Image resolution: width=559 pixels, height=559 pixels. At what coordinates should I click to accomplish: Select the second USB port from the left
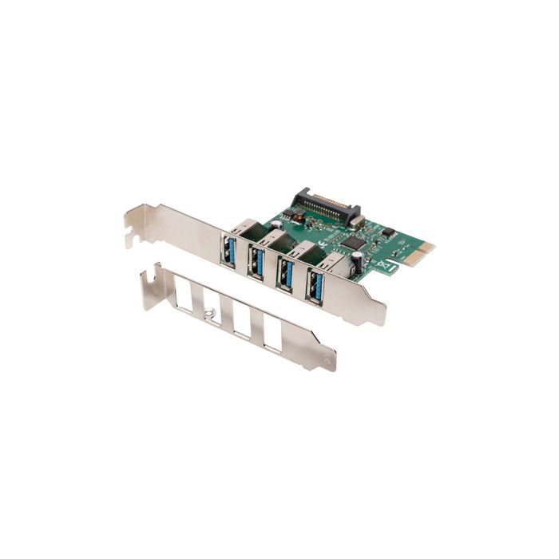(257, 260)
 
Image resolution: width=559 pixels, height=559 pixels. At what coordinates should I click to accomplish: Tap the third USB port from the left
(284, 275)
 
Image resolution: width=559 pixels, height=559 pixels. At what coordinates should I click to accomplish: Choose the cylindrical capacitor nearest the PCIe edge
(356, 259)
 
